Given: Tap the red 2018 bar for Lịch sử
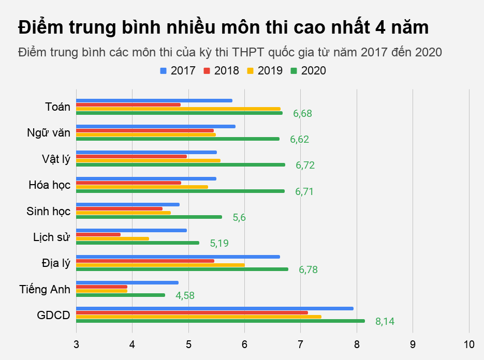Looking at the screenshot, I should click(x=98, y=234).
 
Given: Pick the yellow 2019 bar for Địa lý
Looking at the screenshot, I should click(x=160, y=265).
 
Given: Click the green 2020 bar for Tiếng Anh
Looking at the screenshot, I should click(x=121, y=295).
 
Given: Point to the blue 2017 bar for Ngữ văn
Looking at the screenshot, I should click(x=156, y=126).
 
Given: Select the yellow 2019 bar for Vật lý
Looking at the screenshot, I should click(x=148, y=160).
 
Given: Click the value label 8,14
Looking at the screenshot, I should click(x=385, y=321).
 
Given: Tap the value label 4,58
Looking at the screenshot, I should click(x=185, y=295).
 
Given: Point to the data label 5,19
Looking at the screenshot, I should click(x=219, y=243).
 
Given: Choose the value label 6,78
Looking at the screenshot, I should click(x=308, y=269).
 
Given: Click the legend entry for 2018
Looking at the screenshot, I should click(x=221, y=70).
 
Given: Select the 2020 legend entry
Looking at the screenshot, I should click(x=308, y=70).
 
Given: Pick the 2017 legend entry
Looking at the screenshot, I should click(x=178, y=70).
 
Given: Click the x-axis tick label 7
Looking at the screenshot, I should click(x=300, y=344).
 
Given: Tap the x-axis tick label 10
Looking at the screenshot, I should click(x=469, y=344).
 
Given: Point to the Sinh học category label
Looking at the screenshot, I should click(x=48, y=211).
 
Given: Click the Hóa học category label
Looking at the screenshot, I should click(x=50, y=185).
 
